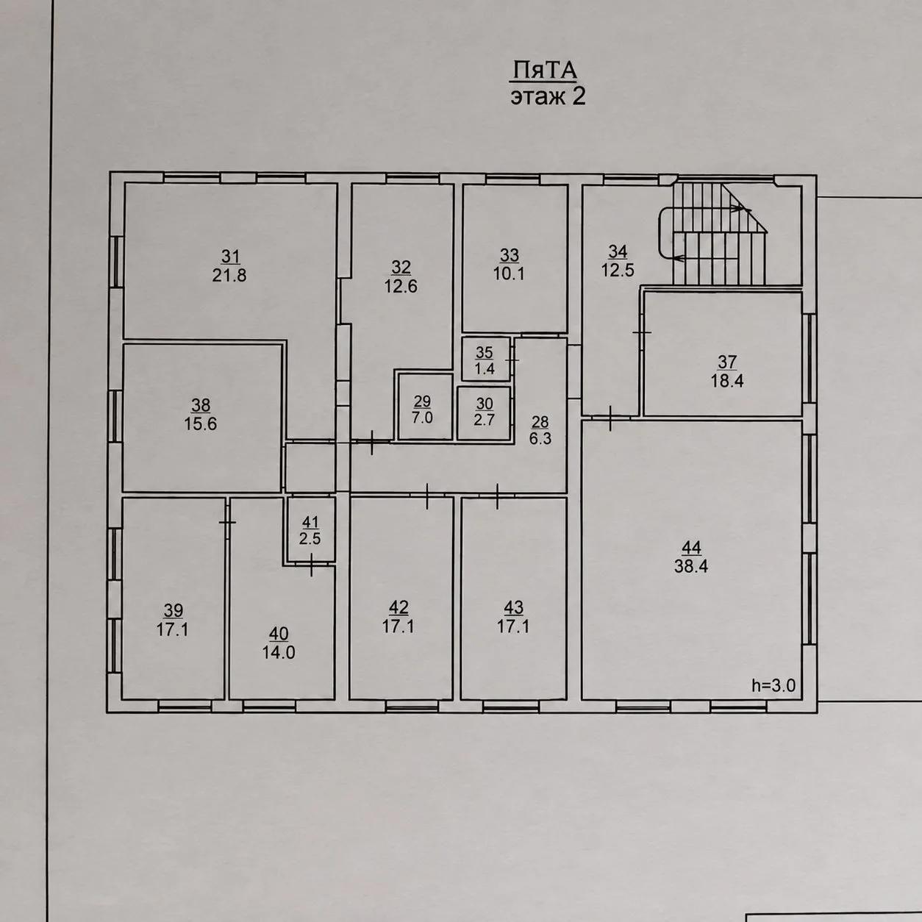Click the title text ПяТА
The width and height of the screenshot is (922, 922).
click(x=545, y=71)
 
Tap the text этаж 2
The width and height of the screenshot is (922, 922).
click(x=548, y=97)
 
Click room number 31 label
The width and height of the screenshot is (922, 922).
click(x=230, y=257)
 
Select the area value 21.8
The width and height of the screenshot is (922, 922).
click(x=229, y=276)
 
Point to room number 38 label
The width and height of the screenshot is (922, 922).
click(x=201, y=405)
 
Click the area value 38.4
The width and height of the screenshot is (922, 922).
click(x=691, y=566)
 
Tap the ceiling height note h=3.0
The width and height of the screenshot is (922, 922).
click(x=773, y=686)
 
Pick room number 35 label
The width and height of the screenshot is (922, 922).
click(x=485, y=353)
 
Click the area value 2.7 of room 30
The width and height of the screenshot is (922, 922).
click(x=485, y=419)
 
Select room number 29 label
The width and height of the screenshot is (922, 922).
click(x=423, y=401)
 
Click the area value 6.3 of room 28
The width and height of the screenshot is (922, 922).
click(x=540, y=438)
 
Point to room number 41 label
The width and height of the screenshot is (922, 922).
click(x=310, y=521)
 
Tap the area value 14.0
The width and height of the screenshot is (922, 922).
click(x=279, y=653)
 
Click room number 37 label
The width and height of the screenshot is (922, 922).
click(x=727, y=362)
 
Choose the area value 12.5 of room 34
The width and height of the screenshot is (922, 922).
click(x=618, y=271)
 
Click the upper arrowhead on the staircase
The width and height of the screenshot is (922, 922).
click(x=746, y=209)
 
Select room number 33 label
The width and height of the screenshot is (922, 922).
click(x=509, y=255)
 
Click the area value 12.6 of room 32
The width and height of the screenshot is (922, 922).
click(x=401, y=286)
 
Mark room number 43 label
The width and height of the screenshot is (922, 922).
click(x=513, y=607)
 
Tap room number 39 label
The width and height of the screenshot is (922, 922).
click(x=174, y=610)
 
